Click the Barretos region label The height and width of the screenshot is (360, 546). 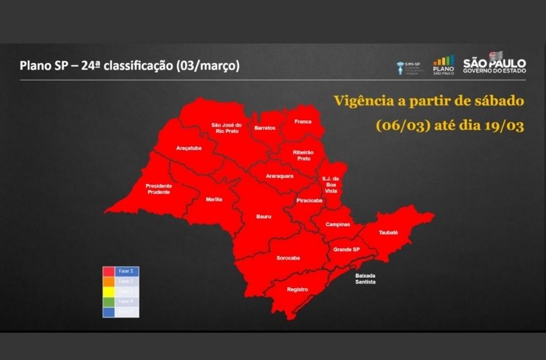(265, 128)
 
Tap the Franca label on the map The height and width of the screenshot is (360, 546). (303, 122)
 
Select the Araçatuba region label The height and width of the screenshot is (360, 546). (189, 148)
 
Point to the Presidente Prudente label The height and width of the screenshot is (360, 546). (158, 188)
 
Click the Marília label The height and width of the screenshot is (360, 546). (214, 199)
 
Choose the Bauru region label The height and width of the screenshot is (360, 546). (263, 217)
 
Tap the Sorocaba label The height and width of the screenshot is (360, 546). (288, 258)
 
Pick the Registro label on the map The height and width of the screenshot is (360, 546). (297, 289)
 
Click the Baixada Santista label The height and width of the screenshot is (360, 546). (365, 278)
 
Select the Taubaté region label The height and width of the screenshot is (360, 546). (388, 231)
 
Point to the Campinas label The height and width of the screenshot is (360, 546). (338, 224)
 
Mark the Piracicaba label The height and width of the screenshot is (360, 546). (309, 201)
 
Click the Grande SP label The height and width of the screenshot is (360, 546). (346, 249)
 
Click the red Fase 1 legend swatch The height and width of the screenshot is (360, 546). (109, 271)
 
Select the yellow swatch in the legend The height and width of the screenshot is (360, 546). (109, 291)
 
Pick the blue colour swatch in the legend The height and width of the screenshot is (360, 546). (109, 312)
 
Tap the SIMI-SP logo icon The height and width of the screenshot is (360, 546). (400, 67)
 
